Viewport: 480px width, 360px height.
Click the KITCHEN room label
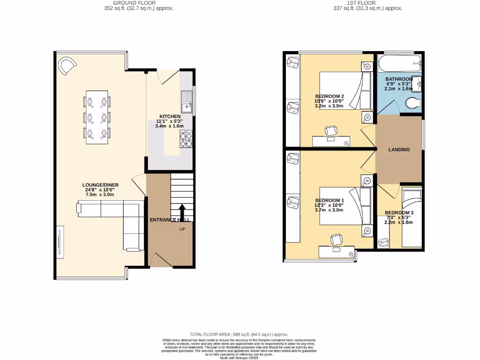[170, 116]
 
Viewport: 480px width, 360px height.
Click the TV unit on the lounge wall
[60, 241]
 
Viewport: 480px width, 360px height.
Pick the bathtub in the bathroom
[399, 62]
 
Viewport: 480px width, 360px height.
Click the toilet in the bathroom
[412, 103]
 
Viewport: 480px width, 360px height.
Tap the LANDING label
[399, 150]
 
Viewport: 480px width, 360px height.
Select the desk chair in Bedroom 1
[336, 240]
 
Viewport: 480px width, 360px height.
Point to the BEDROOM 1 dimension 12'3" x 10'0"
[329, 205]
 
